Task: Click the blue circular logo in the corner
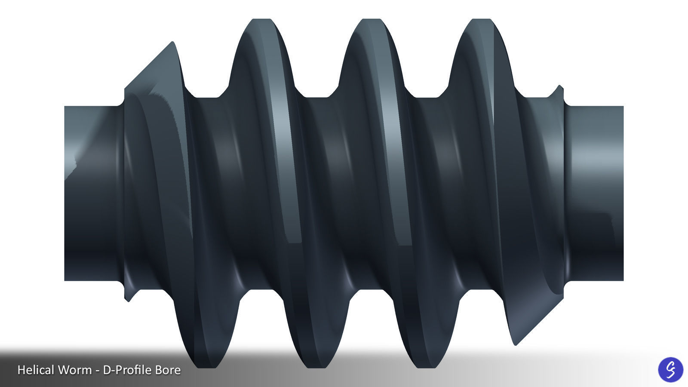[x=670, y=369]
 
